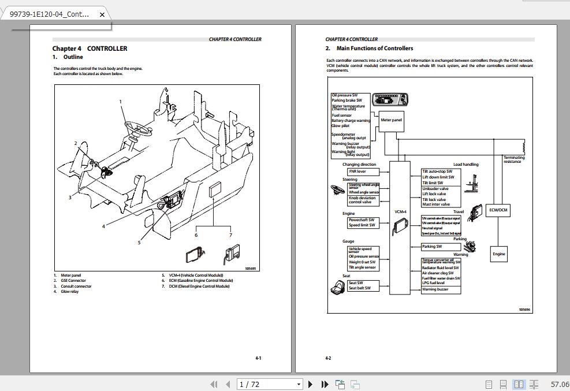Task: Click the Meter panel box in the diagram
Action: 391,120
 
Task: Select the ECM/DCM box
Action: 498,210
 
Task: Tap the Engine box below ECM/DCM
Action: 498,254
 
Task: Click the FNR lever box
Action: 363,172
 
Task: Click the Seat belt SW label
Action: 360,288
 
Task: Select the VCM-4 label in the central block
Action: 400,212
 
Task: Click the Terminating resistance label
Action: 513,159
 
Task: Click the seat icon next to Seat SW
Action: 337,287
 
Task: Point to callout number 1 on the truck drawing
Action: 121,102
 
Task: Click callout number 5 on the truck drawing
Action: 139,243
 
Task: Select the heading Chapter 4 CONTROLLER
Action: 90,49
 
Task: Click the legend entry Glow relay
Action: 69,292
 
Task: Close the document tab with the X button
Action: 102,14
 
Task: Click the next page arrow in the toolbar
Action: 310,384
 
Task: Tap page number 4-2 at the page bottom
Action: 328,358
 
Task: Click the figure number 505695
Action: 250,269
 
